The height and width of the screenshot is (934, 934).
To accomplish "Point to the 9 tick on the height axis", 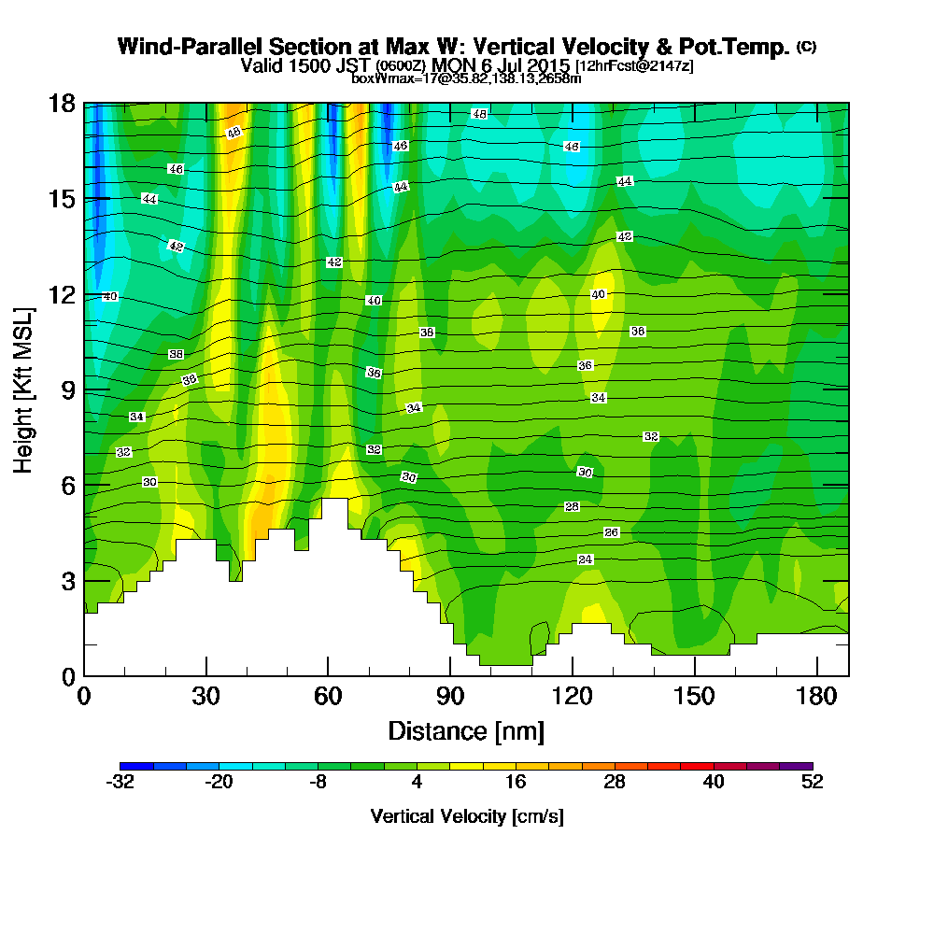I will pyautogui.click(x=67, y=389).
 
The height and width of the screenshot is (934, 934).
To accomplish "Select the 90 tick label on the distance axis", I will pyautogui.click(x=450, y=697).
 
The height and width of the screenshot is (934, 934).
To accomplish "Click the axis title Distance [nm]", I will pyautogui.click(x=465, y=730).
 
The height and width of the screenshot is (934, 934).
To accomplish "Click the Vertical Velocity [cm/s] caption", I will pyautogui.click(x=466, y=816).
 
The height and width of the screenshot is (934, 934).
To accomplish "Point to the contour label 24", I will pyautogui.click(x=586, y=559).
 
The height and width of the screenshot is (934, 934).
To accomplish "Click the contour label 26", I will pyautogui.click(x=612, y=532).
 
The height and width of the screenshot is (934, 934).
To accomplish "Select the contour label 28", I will pyautogui.click(x=573, y=506).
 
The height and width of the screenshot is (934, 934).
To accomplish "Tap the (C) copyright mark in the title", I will pyautogui.click(x=806, y=47).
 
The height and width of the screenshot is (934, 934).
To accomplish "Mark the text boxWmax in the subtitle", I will pyautogui.click(x=378, y=78).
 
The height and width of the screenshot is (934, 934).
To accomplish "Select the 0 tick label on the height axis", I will pyautogui.click(x=67, y=675).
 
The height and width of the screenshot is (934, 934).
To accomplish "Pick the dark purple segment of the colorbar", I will pyautogui.click(x=800, y=765).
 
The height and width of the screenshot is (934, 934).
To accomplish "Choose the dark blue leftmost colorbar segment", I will pyautogui.click(x=132, y=765).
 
